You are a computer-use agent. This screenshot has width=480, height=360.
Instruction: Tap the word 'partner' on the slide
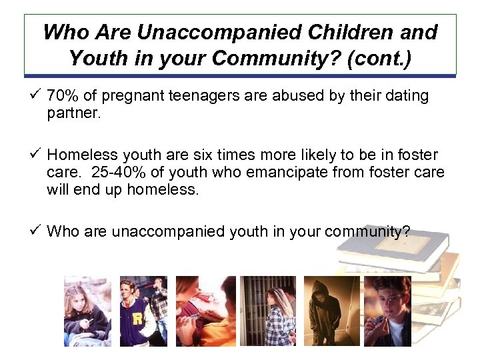(71, 113)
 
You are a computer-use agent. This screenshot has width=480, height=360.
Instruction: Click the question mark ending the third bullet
(406, 231)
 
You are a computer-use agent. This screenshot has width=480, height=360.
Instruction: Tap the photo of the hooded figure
(331, 310)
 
